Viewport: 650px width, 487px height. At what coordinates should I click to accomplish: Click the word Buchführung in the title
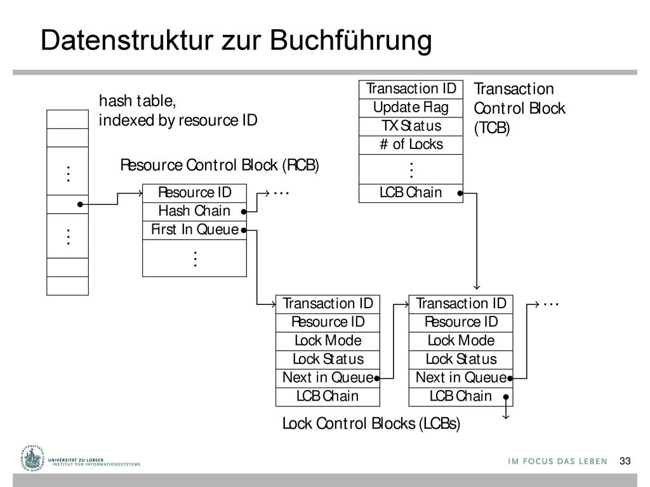[350, 41]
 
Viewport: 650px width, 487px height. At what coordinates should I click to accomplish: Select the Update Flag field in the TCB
[411, 108]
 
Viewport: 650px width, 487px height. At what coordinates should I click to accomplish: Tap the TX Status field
[411, 126]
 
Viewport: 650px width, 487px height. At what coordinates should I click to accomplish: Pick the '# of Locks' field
[411, 145]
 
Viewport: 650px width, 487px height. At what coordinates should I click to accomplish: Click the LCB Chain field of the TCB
[411, 193]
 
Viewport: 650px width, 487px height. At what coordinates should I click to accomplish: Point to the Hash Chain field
[194, 211]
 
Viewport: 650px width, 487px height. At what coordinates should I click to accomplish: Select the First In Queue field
[194, 230]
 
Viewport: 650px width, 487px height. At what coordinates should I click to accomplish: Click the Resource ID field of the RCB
[194, 193]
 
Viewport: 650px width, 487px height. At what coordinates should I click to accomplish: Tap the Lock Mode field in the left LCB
[328, 341]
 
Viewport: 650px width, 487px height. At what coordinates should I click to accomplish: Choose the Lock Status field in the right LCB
[461, 360]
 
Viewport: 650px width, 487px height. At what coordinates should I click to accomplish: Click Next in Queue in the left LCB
[328, 378]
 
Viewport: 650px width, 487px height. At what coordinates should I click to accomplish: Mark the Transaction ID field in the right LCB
[461, 304]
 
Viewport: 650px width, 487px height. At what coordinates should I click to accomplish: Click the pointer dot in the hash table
[80, 204]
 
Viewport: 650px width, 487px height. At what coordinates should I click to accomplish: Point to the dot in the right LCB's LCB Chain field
[506, 397]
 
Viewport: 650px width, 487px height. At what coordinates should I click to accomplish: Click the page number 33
[625, 461]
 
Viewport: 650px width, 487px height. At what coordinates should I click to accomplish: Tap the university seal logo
[32, 459]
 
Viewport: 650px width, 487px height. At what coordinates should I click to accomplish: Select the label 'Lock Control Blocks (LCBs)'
[371, 424]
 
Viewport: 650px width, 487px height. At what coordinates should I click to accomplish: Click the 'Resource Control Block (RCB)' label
[220, 166]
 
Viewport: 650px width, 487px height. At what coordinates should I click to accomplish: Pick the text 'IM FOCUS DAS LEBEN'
[557, 462]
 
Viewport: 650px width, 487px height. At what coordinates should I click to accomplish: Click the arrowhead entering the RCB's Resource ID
[140, 193]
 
